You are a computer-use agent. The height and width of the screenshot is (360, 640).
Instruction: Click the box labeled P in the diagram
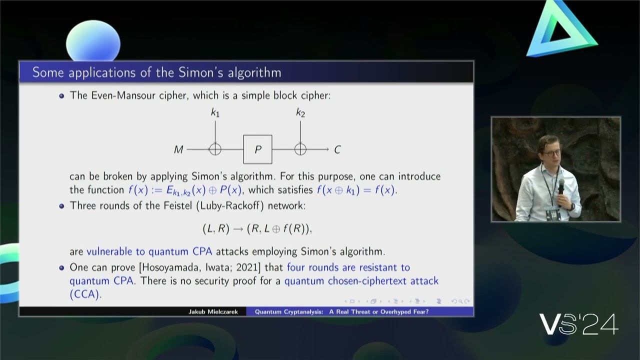pos(257,149)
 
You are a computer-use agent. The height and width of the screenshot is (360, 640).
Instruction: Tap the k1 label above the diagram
pos(215,113)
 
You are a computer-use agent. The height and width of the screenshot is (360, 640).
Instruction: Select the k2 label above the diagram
pos(300,113)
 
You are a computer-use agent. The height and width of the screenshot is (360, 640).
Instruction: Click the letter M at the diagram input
pos(178,149)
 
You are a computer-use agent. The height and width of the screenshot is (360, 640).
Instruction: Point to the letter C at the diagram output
pos(337,149)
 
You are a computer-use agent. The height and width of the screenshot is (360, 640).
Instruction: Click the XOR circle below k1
pos(215,149)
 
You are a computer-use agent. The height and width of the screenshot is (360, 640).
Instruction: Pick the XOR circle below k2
pos(300,149)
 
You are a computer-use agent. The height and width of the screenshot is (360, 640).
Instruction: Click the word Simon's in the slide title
pos(199,72)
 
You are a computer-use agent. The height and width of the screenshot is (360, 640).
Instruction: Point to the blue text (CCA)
pos(85,294)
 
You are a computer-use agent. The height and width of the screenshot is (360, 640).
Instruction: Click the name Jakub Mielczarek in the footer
pos(209,312)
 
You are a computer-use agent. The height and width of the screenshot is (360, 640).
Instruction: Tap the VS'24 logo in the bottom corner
pos(579,324)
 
